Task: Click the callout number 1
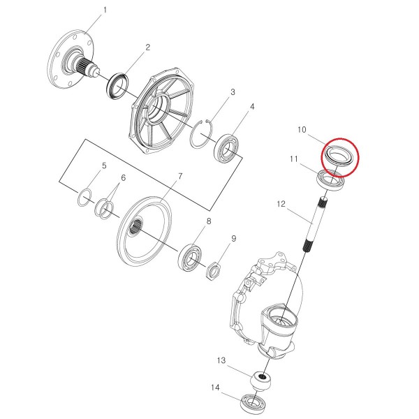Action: point(105,10)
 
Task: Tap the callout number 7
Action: point(180,176)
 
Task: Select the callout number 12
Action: point(281,204)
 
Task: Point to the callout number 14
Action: point(215,387)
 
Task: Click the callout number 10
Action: point(302,130)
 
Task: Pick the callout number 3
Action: point(233,92)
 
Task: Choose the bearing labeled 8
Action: point(191,257)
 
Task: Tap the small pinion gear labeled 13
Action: point(261,381)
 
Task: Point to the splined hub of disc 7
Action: point(136,226)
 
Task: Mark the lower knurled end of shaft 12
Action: point(309,245)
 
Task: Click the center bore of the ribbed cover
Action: point(159,108)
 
